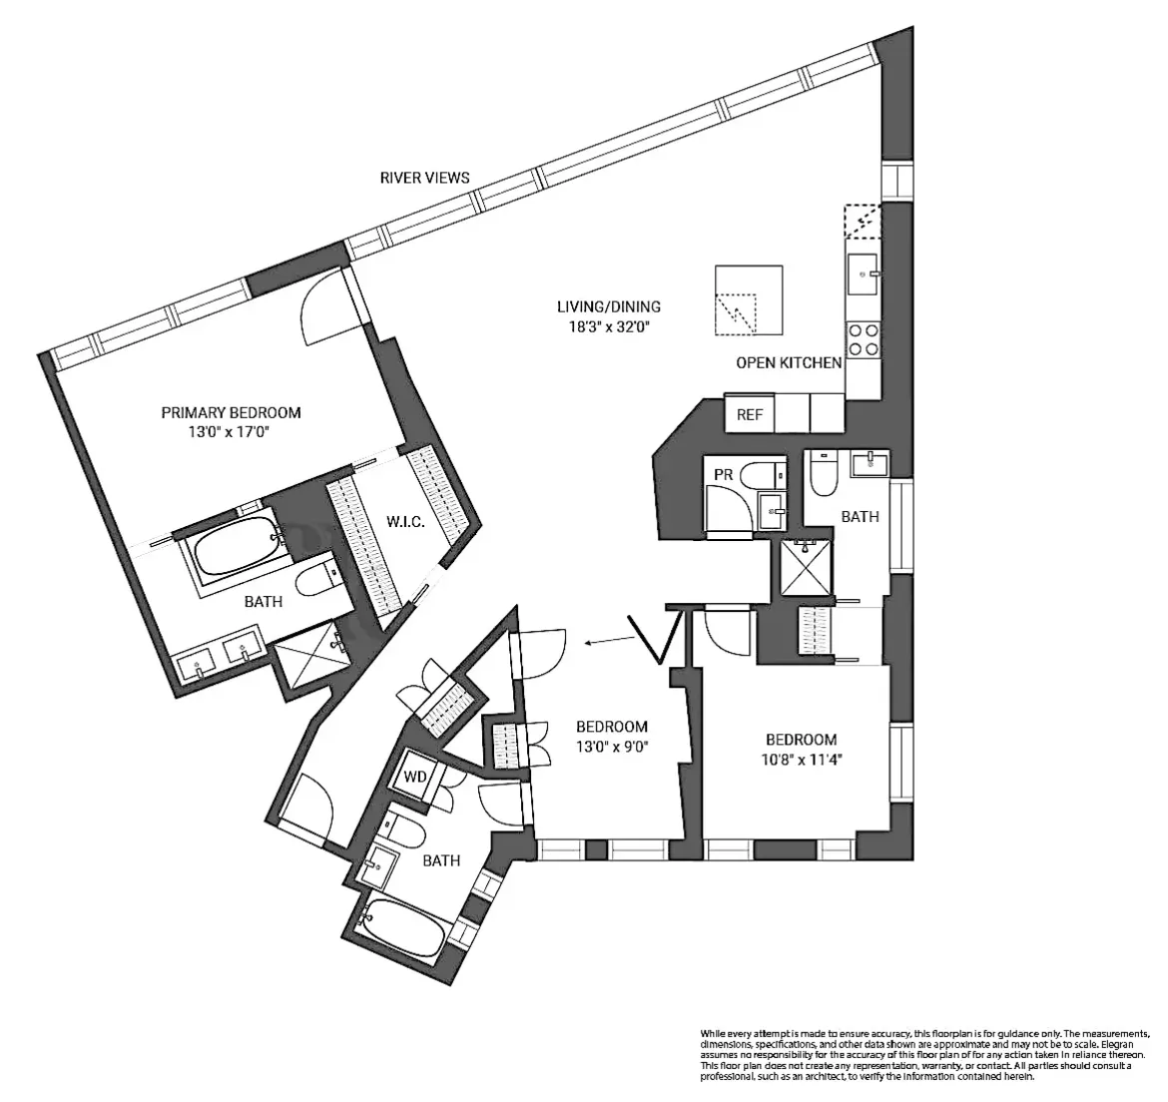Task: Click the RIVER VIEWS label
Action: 424,178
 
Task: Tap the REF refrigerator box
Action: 750,414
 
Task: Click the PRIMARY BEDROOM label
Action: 231,412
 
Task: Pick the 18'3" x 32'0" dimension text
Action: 609,326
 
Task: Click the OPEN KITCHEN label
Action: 789,362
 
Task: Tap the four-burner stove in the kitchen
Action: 863,339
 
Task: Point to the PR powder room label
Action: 724,475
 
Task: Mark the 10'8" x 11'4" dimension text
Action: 801,759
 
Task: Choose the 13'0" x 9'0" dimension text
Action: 611,746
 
